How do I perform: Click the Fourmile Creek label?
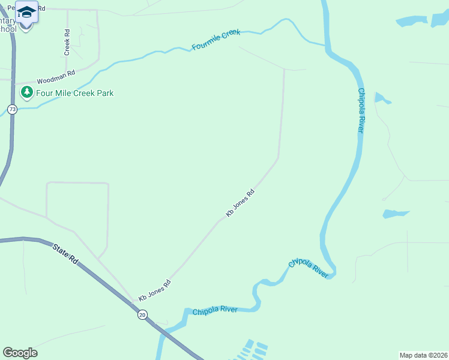[x=215, y=40]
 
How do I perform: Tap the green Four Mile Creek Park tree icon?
[x=26, y=93]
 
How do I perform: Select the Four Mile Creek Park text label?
[x=74, y=94]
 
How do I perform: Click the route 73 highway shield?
[x=13, y=109]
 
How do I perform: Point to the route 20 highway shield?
[x=142, y=314]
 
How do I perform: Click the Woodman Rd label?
[x=55, y=77]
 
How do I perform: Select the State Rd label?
[x=65, y=253]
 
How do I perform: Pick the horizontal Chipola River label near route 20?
[x=215, y=310]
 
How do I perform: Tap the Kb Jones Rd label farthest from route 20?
[x=240, y=203]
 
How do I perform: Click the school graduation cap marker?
[x=26, y=11]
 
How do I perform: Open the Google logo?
[x=20, y=353]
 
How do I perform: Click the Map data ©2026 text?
[x=423, y=355]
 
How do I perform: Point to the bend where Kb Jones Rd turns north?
[x=278, y=158]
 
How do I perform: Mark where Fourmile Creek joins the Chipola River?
[x=325, y=46]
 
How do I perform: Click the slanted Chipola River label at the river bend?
[x=309, y=268]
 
